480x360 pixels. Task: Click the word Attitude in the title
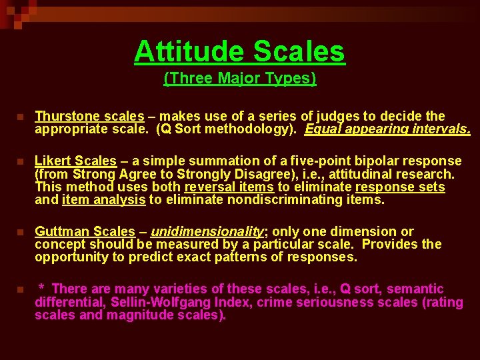pyautogui.click(x=189, y=51)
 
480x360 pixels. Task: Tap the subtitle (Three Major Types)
pyautogui.click(x=240, y=79)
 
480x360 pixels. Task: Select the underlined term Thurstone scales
pyautogui.click(x=89, y=117)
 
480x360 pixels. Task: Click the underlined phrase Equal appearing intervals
pyautogui.click(x=387, y=129)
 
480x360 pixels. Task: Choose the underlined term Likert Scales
pyautogui.click(x=75, y=161)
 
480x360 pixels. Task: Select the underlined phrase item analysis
pyautogui.click(x=103, y=199)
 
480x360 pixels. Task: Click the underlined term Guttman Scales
pyautogui.click(x=85, y=231)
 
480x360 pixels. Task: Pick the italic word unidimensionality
pyautogui.click(x=207, y=231)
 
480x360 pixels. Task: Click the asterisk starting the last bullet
pyautogui.click(x=42, y=288)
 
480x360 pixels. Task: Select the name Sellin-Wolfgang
pyautogui.click(x=153, y=302)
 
